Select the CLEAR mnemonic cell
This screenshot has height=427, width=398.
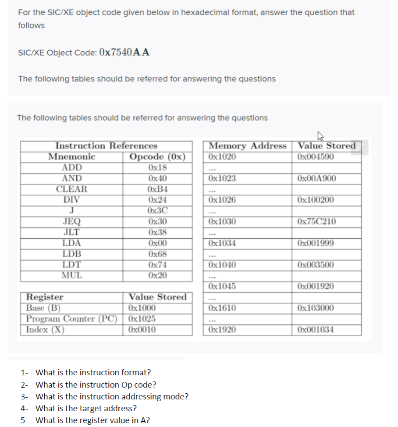click(71, 189)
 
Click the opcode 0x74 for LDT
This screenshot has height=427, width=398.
click(157, 265)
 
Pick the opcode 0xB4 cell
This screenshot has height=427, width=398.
click(157, 189)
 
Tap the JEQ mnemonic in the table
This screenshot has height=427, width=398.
click(71, 222)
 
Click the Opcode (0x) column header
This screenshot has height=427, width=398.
click(157, 157)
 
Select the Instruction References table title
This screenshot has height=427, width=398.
click(106, 146)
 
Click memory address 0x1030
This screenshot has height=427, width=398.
click(222, 222)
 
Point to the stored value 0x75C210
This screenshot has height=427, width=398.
click(316, 222)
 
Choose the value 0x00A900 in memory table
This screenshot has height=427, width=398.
click(316, 178)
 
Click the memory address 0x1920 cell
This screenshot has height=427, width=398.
click(222, 329)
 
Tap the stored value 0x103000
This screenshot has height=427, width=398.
click(316, 308)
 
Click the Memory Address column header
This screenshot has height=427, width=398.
click(247, 146)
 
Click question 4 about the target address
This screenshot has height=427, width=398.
click(85, 409)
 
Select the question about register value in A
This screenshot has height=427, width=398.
click(92, 420)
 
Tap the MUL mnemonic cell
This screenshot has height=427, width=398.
click(71, 275)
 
